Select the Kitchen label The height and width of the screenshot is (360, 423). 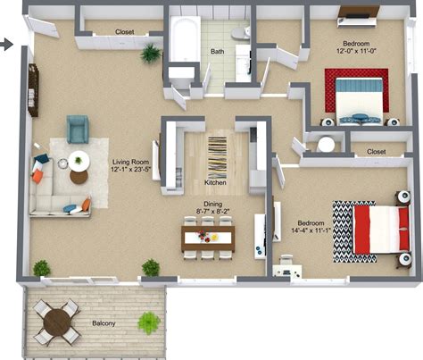(x=215, y=182)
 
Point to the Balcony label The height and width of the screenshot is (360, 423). (x=104, y=322)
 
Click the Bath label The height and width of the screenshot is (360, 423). (x=217, y=52)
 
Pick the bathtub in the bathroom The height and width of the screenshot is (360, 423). (x=185, y=41)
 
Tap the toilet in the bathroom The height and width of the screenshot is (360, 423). (x=239, y=32)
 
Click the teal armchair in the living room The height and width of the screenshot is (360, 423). (x=78, y=130)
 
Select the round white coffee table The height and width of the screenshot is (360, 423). (x=79, y=162)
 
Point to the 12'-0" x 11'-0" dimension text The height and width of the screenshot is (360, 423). (x=361, y=52)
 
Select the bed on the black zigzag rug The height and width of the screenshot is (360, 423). (x=374, y=229)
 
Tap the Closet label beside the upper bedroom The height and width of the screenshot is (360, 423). (x=376, y=152)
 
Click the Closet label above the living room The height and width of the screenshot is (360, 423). (x=125, y=32)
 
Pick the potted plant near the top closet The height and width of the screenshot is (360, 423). (x=150, y=54)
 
